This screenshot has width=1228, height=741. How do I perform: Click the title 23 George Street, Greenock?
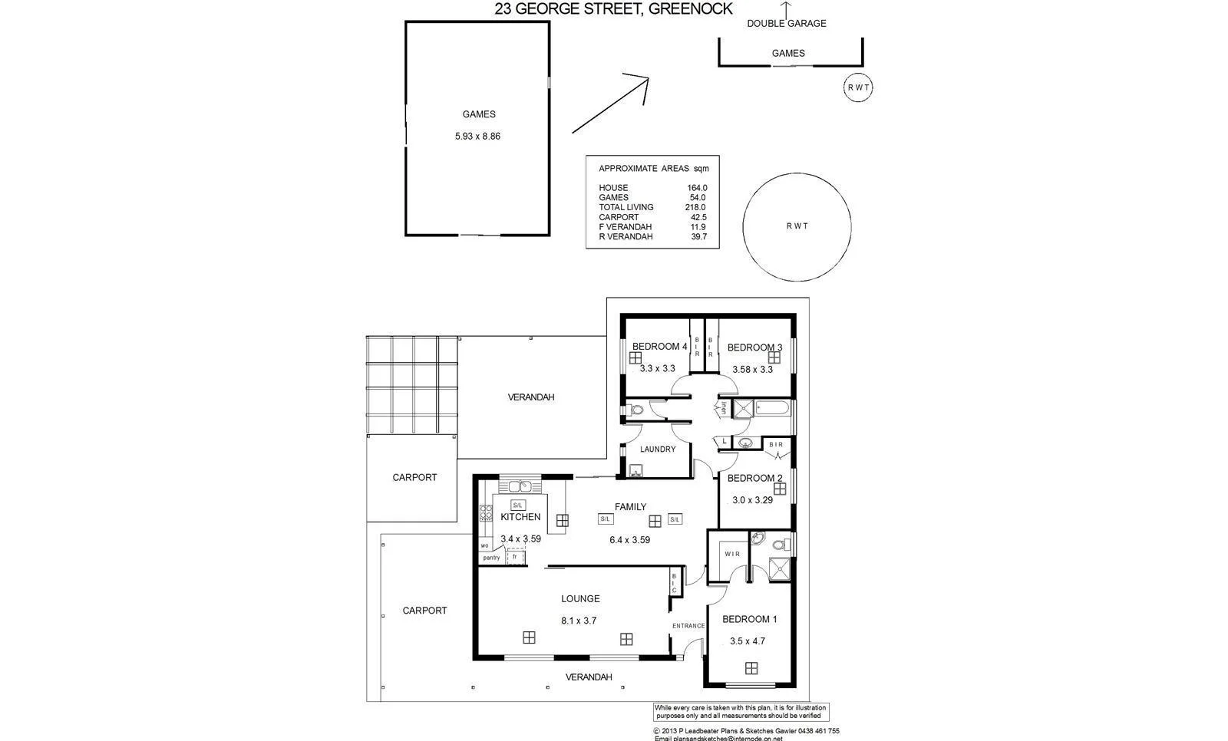(x=613, y=9)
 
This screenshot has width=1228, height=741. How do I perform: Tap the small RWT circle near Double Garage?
(x=857, y=87)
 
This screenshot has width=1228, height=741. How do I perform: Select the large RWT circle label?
(x=797, y=226)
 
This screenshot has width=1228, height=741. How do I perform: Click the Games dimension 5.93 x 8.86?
(x=477, y=137)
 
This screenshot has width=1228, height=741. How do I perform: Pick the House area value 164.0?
(x=696, y=188)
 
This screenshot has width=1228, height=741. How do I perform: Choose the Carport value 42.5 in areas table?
(x=698, y=217)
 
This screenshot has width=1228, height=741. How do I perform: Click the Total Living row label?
(x=626, y=207)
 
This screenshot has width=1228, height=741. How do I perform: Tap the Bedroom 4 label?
(x=659, y=347)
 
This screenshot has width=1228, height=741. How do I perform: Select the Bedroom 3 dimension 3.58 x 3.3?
(x=752, y=369)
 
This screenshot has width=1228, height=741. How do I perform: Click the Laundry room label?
(x=658, y=450)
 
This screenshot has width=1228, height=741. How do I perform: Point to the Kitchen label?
(x=520, y=517)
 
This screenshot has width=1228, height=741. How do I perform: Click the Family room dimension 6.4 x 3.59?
(x=629, y=540)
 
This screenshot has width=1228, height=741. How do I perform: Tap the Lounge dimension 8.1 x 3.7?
(x=579, y=621)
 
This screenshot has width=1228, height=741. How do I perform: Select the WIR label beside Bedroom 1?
(x=731, y=554)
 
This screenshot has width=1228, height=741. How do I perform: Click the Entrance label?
(x=688, y=626)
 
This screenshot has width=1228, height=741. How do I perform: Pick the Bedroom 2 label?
(x=754, y=478)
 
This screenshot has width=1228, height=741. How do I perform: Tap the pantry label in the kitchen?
(x=491, y=558)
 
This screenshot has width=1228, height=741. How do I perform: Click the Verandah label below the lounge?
(x=589, y=677)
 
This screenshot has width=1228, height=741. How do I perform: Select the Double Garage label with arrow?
(x=787, y=24)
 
